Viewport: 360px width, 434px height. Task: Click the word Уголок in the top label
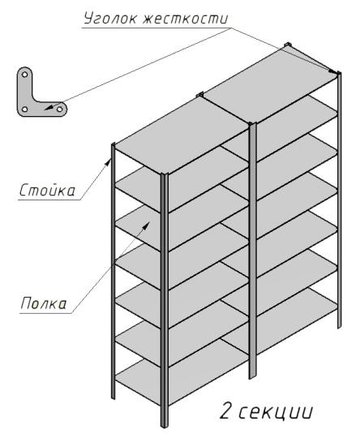pos(110,19)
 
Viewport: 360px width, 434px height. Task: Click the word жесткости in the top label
pos(186,19)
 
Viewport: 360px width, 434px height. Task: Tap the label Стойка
pos(47,191)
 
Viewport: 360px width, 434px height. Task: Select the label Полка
pos(44,303)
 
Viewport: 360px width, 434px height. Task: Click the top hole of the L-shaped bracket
pos(24,75)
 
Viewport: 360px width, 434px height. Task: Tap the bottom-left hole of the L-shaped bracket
pos(24,109)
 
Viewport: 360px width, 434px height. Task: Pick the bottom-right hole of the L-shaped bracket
pos(59,109)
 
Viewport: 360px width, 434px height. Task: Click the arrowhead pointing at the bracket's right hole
pos(49,107)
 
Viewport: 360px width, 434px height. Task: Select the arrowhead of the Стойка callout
pos(108,162)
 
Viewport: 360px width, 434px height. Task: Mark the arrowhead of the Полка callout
pos(146,226)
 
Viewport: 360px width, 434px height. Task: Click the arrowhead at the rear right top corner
pos(333,71)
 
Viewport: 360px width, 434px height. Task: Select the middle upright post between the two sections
pos(252,251)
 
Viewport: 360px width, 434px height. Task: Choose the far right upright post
pos(339,200)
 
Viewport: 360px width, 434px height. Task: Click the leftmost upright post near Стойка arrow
pos(113,271)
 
